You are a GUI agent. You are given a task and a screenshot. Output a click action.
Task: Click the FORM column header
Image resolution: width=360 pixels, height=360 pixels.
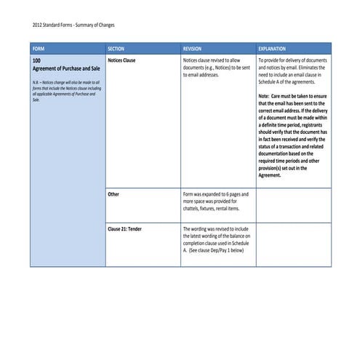pyautogui.click(x=39, y=48)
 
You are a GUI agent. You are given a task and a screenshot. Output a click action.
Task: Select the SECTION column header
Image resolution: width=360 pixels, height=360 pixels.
pyautogui.click(x=116, y=48)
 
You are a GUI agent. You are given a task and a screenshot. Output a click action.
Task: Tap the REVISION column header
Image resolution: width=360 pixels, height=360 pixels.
pyautogui.click(x=193, y=48)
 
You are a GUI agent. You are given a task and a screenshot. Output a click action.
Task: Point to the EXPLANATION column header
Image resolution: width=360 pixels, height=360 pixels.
pyautogui.click(x=272, y=48)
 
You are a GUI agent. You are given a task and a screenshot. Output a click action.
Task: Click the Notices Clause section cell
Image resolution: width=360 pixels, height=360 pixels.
pyautogui.click(x=121, y=60)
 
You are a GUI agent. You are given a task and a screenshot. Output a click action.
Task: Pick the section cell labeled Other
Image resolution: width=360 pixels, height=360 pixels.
pyautogui.click(x=113, y=194)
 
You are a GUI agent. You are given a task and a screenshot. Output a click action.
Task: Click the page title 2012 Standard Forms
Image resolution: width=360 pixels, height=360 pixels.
pyautogui.click(x=52, y=24)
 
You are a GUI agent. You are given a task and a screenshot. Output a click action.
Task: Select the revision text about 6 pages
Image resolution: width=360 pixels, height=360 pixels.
pyautogui.click(x=215, y=201)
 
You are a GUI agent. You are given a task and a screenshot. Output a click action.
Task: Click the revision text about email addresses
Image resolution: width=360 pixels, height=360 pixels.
pyautogui.click(x=215, y=68)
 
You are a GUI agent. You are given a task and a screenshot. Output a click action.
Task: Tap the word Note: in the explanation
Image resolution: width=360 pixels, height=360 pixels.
pyautogui.click(x=264, y=95)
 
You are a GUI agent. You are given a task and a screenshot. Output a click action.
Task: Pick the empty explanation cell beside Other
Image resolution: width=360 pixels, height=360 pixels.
pyautogui.click(x=293, y=205)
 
